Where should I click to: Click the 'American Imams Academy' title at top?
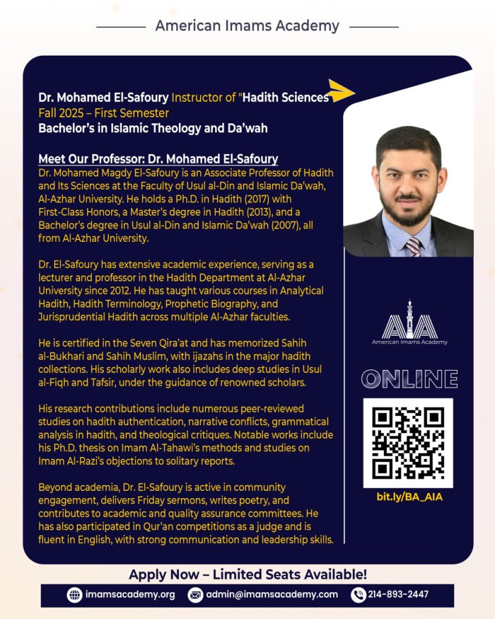coord(247,26)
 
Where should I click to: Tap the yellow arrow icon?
coord(341,91)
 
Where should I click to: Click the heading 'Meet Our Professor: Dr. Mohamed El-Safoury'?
coord(158,160)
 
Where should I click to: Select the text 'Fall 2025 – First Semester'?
coord(104,113)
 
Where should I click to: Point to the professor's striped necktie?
coord(413,245)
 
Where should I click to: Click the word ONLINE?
coord(409,379)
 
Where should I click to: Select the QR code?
coord(408,442)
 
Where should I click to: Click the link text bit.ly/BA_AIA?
coord(409,497)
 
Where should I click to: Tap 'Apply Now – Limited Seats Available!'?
coord(248,574)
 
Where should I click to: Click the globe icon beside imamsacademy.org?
coord(74,595)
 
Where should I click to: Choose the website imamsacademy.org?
coord(129,595)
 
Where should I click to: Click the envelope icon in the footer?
coord(195,595)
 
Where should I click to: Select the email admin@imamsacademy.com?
coord(271,595)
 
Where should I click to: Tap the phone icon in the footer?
coord(358,595)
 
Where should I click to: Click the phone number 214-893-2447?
coord(398,595)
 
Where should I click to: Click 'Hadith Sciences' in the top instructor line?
coord(285,97)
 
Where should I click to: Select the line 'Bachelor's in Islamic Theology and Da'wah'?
coord(153,128)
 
